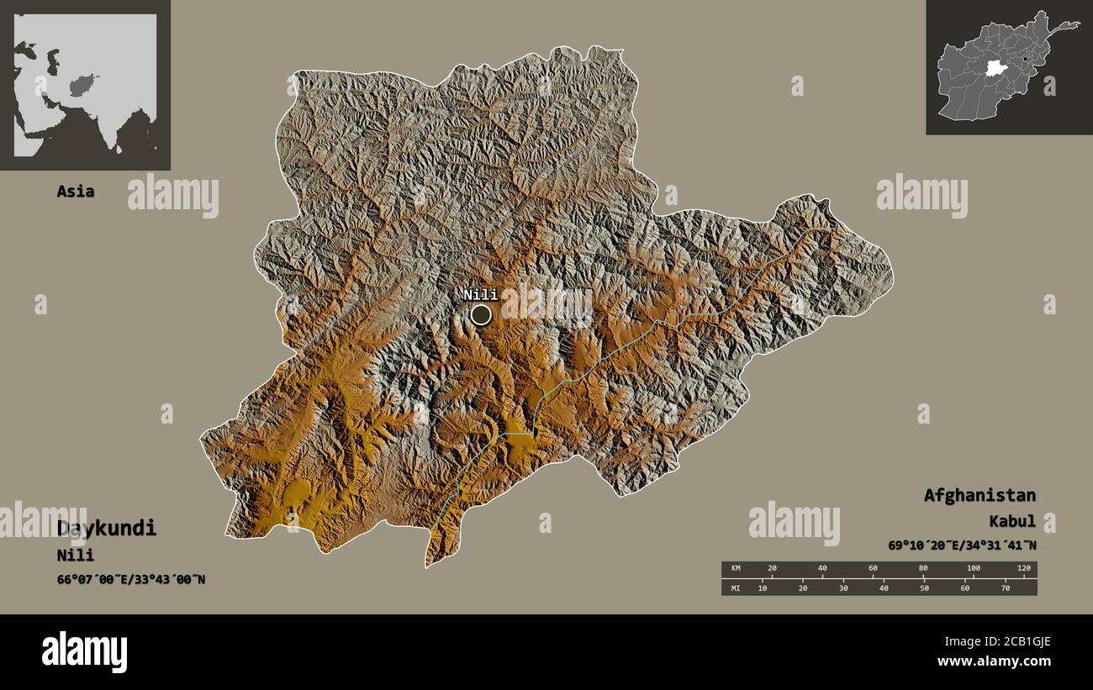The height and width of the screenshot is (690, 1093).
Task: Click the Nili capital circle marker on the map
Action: point(481,315)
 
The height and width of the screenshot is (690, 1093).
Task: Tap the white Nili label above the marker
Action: point(480,294)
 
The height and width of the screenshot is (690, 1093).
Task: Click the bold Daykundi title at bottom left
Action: point(107,529)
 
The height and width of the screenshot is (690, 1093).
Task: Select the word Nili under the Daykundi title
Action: point(76,556)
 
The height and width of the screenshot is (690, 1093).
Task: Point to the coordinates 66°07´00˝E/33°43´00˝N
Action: point(131,579)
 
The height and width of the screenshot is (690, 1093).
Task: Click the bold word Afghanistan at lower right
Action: point(979,495)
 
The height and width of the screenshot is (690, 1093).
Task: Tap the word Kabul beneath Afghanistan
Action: point(1012,522)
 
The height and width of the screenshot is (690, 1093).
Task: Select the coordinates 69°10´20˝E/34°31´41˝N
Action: point(962,545)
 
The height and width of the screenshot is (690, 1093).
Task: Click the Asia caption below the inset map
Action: point(76,192)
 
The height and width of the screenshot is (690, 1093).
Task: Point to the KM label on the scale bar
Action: point(737,569)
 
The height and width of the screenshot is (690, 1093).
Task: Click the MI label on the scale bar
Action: point(737,587)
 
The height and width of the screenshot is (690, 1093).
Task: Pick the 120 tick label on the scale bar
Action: point(1023,569)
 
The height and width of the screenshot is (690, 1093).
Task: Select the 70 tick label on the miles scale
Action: point(1006,587)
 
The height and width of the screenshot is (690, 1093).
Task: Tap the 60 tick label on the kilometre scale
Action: point(873,569)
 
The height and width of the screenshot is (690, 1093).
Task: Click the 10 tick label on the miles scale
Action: point(762,587)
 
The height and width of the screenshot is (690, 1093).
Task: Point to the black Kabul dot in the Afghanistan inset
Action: point(1026,58)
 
